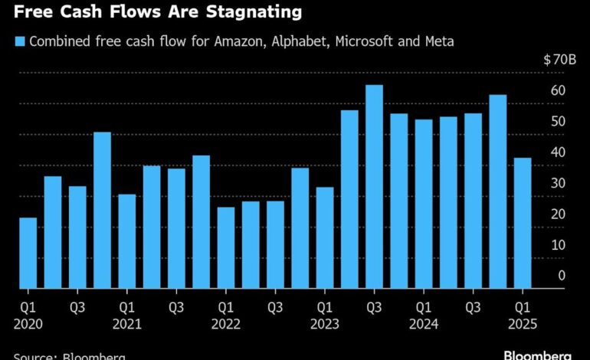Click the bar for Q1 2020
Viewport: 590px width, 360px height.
point(28,253)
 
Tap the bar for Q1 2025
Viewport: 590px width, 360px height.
point(523,223)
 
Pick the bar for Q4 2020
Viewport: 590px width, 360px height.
point(102,210)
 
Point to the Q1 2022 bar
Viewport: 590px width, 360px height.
point(225,247)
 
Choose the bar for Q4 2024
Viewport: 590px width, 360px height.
point(498,191)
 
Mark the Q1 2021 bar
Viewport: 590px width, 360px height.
point(126,241)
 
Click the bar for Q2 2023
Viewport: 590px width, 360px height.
point(349,199)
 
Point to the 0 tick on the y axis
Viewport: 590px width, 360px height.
point(562,275)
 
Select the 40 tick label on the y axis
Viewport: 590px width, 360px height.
point(558,152)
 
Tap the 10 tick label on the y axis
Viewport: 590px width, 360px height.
point(558,244)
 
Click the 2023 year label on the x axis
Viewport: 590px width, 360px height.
point(324,324)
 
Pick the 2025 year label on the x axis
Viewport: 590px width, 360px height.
point(522,324)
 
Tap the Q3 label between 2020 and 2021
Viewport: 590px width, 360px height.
point(77,308)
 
